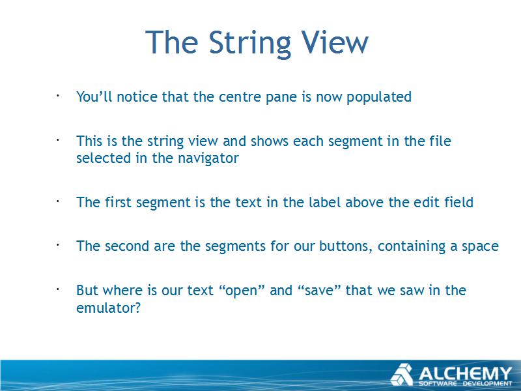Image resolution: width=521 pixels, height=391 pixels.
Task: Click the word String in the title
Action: (x=250, y=43)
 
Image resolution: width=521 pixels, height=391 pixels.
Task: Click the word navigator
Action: (x=208, y=158)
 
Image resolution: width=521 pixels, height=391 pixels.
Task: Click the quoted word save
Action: (x=320, y=290)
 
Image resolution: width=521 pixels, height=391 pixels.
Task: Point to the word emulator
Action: (x=108, y=308)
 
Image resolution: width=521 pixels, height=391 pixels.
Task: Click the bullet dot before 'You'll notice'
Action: (x=57, y=96)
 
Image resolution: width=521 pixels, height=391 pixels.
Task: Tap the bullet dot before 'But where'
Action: (x=57, y=289)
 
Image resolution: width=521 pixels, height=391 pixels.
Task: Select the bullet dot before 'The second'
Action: (x=57, y=246)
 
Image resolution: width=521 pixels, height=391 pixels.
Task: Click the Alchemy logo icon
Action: (x=402, y=374)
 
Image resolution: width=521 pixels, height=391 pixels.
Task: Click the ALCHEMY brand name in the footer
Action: (x=465, y=373)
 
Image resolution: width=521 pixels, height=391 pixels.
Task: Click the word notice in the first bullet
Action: (x=137, y=97)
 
